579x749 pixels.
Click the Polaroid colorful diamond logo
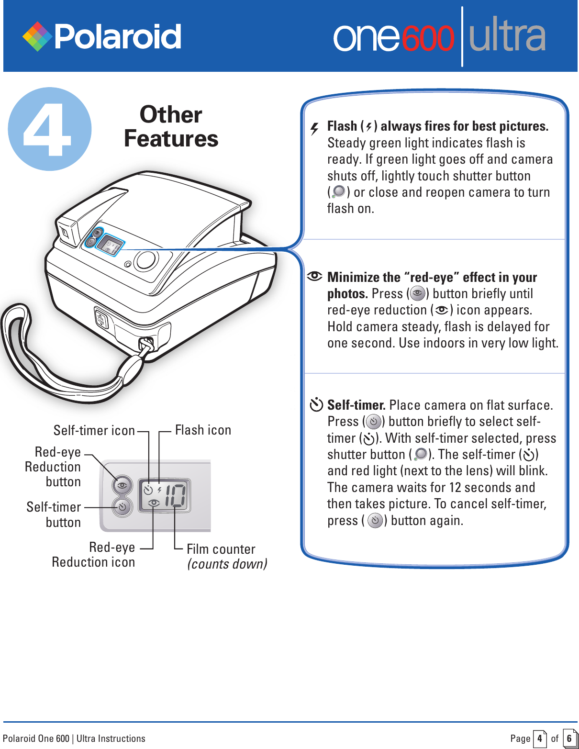(37, 36)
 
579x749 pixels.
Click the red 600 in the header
(427, 38)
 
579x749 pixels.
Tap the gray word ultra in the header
(507, 36)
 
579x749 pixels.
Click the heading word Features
(171, 139)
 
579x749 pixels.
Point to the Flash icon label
(203, 430)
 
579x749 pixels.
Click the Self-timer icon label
(94, 431)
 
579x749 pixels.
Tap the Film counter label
(221, 549)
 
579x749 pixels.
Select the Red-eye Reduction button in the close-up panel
(122, 485)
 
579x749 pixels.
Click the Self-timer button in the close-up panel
(122, 507)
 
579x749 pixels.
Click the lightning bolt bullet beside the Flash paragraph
(314, 128)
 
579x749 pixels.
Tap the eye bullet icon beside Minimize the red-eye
(315, 276)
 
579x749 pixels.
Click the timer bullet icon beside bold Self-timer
(316, 405)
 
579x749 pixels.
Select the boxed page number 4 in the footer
(539, 738)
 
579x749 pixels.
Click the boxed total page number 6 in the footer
(569, 738)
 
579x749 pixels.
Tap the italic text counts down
(227, 564)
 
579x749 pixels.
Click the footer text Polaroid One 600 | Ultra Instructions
(74, 738)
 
